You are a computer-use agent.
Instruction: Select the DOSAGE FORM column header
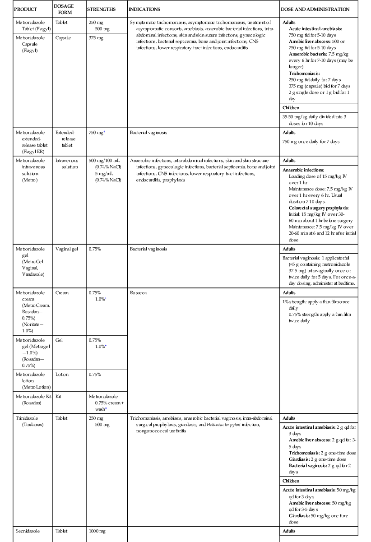click(x=64, y=9)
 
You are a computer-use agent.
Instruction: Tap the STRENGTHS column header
click(x=101, y=9)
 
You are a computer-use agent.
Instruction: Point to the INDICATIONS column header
click(x=144, y=9)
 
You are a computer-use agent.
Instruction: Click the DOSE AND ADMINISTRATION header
click(x=315, y=9)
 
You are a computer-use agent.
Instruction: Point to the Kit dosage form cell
click(x=58, y=396)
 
